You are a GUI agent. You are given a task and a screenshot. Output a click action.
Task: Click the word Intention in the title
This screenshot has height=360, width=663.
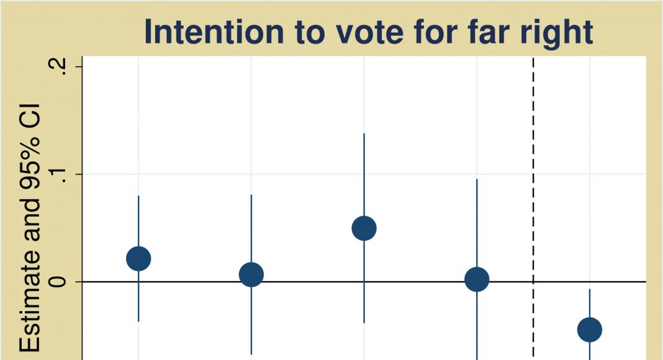(x=214, y=32)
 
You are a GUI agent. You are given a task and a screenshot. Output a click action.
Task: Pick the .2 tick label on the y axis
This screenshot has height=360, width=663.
(x=60, y=67)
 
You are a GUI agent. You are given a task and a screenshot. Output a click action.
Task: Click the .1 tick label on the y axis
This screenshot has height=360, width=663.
(x=60, y=174)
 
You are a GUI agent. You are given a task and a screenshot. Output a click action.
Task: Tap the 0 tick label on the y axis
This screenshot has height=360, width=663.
(x=60, y=281)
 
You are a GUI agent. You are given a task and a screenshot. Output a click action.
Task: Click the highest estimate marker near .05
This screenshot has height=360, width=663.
(x=364, y=228)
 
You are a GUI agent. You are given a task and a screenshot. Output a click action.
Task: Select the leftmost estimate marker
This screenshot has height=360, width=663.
(x=138, y=259)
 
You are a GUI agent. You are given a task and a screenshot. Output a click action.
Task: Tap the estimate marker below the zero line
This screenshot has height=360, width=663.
(x=590, y=330)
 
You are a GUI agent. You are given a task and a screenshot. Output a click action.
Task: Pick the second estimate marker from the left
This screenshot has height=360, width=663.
(x=251, y=274)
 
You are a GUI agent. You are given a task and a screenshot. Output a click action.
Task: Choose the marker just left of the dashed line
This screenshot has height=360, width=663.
(x=477, y=279)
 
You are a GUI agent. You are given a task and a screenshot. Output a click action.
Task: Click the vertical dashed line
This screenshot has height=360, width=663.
(x=533, y=208)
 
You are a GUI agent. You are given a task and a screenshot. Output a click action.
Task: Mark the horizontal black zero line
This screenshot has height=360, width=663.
(x=364, y=281)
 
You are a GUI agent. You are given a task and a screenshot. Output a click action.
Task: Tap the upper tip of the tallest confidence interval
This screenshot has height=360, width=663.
(x=364, y=133)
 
